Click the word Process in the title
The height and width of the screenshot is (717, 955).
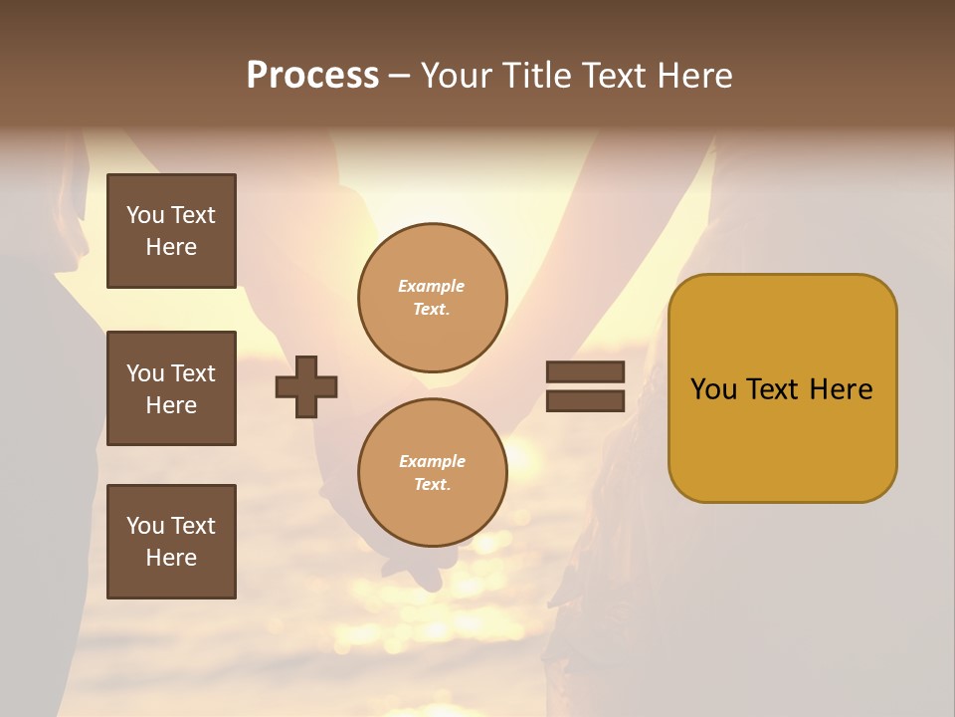pos(312,76)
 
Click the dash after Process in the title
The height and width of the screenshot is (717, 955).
pos(399,77)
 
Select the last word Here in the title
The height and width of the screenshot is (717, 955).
pos(692,76)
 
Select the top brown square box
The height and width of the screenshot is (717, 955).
pos(171,231)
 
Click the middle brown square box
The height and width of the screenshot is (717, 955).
pos(171,388)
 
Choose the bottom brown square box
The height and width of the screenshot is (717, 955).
pos(171,542)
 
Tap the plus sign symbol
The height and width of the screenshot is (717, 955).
pos(306,386)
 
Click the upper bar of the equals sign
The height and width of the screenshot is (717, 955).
pos(585,371)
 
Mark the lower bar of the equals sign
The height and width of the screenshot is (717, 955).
pos(585,401)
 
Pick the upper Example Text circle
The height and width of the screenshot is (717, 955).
pos(433,298)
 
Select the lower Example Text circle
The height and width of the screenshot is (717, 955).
pos(433,473)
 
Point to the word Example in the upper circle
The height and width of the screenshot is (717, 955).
pos(432,286)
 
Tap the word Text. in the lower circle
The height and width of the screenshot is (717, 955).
pos(432,485)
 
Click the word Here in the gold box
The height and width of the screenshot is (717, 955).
pos(841,389)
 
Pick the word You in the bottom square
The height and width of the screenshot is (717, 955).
pos(144,526)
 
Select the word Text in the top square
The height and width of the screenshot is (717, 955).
pos(192,215)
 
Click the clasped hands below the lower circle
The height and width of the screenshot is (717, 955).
pos(423,568)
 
